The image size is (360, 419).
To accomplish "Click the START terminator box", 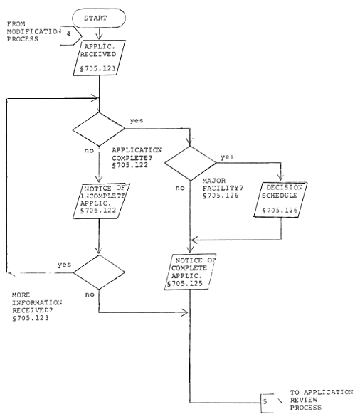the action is [99, 18].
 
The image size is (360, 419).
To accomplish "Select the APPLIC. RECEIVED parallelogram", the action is [99, 58].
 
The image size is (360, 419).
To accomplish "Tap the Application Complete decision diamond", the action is [99, 129].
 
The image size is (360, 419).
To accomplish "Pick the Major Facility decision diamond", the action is [190, 163].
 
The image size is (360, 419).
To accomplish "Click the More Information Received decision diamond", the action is [99, 272].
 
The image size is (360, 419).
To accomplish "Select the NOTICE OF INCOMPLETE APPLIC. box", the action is [101, 201].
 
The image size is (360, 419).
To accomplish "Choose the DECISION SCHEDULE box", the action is [280, 199].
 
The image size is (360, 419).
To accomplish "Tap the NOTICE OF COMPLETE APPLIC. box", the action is [190, 272].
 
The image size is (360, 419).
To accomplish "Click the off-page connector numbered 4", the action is [71, 36].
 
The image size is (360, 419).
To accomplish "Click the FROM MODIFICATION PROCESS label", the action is [34, 31].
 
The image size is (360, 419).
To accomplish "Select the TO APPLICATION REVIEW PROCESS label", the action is [322, 400].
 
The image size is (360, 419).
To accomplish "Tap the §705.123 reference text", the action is [31, 318].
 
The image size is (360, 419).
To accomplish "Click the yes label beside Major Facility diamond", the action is [227, 157].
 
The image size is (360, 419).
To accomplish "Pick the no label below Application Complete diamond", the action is [89, 151].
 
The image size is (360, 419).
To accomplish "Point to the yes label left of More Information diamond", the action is [65, 265].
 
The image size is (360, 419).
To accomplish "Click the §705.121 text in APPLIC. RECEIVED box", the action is [98, 69].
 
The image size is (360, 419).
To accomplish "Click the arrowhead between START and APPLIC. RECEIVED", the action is [99, 37].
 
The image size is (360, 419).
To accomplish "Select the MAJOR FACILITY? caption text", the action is [223, 184].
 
